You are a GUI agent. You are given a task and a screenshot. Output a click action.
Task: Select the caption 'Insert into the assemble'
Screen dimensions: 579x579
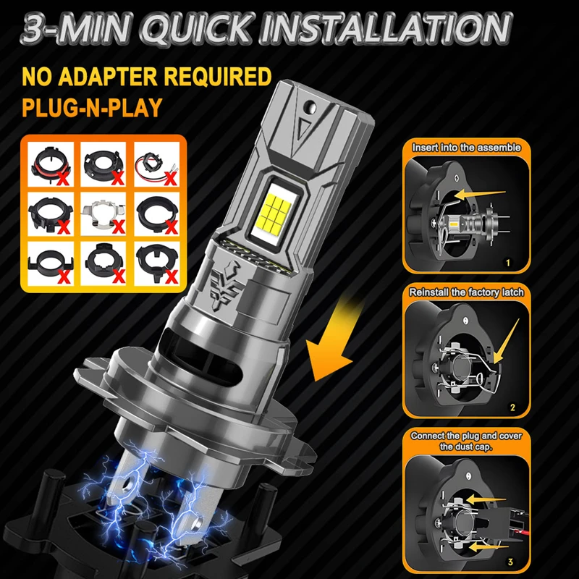[x=467, y=148]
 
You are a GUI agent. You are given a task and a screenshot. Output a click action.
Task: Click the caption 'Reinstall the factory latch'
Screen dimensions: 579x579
[x=467, y=292]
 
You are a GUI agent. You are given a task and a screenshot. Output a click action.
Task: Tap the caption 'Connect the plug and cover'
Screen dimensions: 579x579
[x=467, y=436]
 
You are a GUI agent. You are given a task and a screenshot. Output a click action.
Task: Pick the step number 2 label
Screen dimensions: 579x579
[x=512, y=408]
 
